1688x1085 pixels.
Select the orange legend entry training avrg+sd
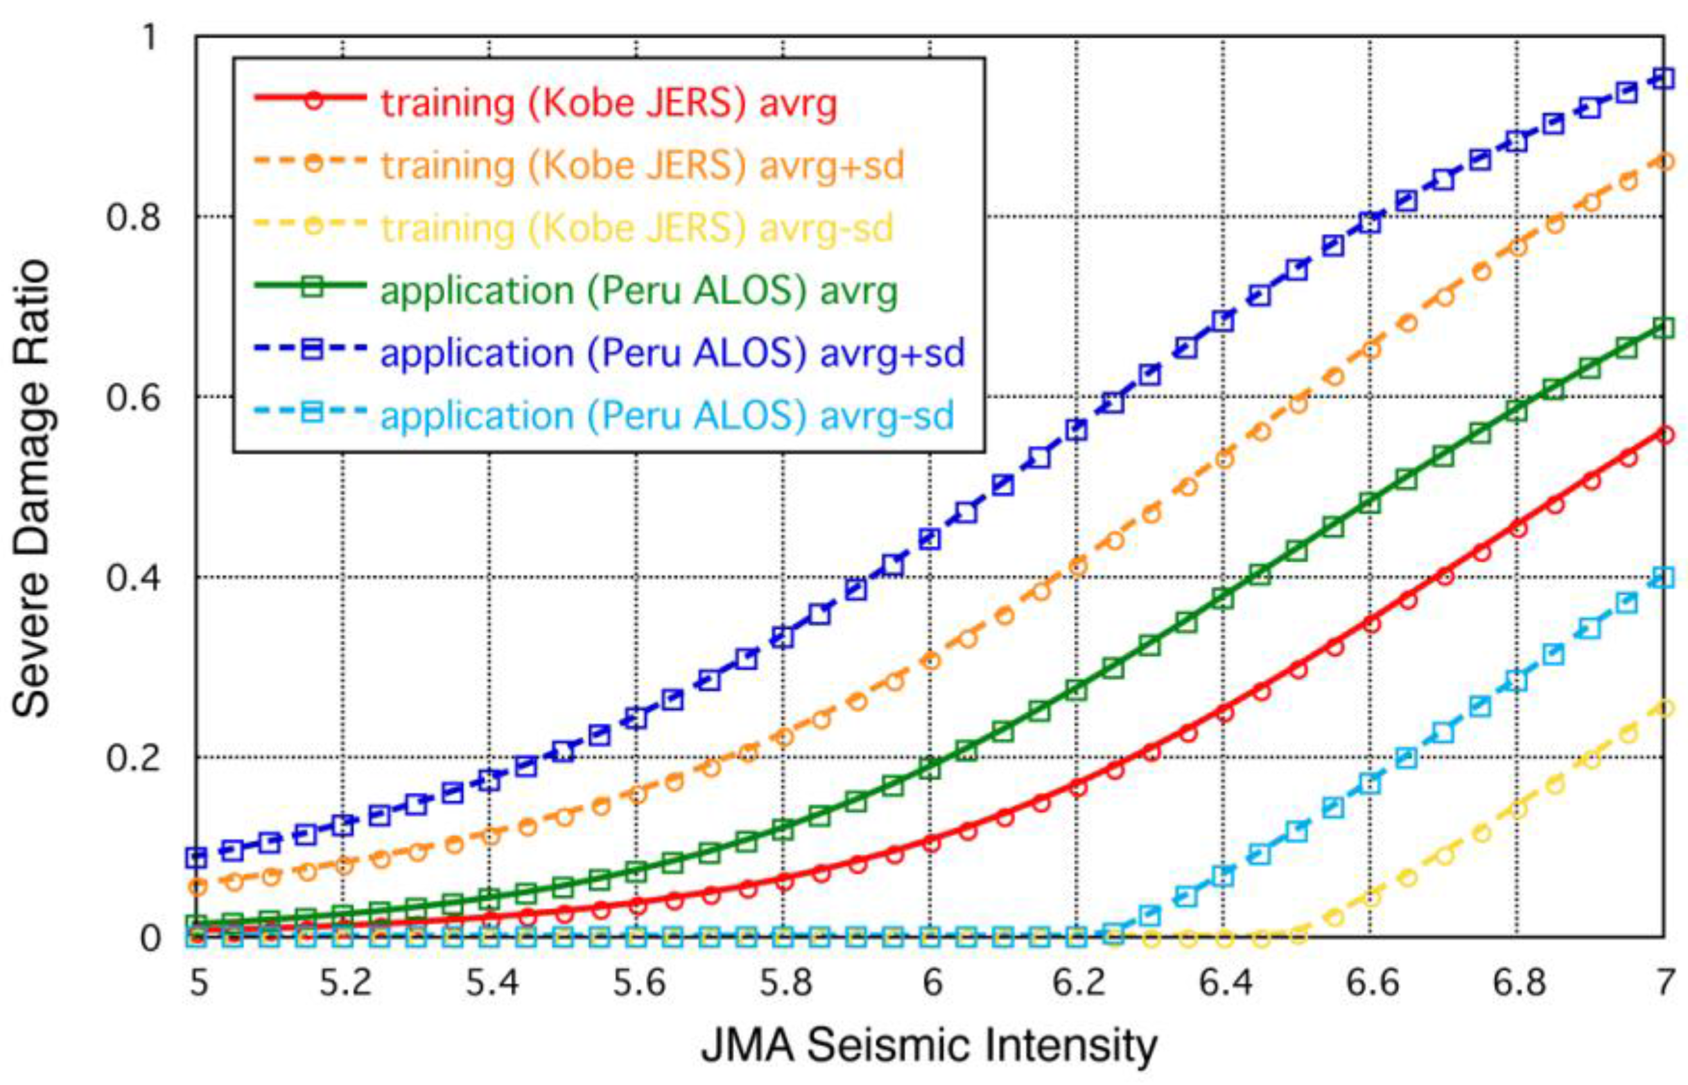pyautogui.click(x=642, y=165)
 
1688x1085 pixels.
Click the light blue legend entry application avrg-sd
pyautogui.click(x=666, y=415)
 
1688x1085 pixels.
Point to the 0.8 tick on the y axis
pyautogui.click(x=134, y=216)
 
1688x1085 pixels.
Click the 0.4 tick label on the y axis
pyautogui.click(x=134, y=577)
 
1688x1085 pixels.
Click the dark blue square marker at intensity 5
pyautogui.click(x=196, y=857)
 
